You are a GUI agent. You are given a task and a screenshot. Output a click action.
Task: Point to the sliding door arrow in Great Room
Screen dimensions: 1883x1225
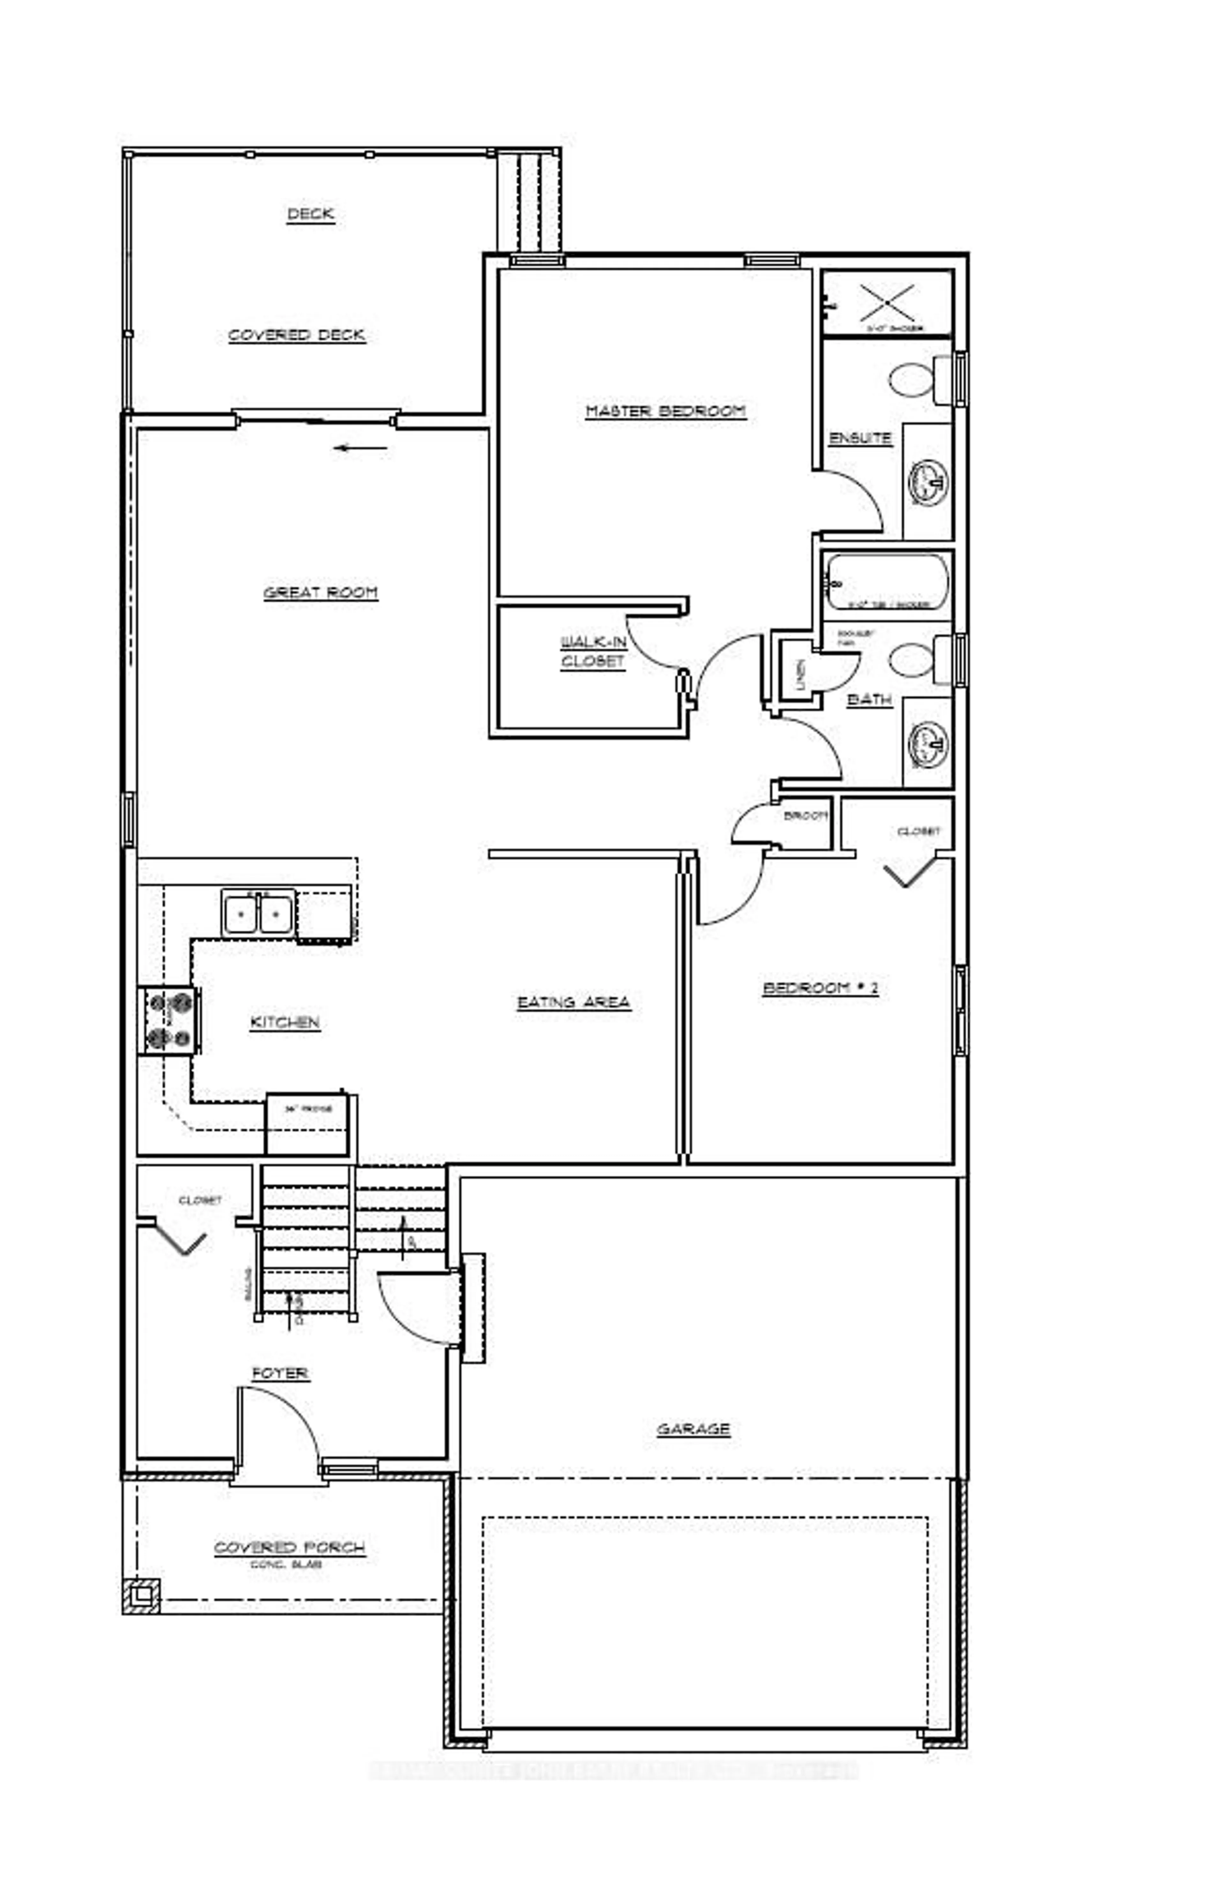pos(360,448)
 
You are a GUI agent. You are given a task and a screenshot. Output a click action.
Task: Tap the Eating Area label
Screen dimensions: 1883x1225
pos(573,1002)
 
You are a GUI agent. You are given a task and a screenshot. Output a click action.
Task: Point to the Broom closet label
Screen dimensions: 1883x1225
pos(804,817)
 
